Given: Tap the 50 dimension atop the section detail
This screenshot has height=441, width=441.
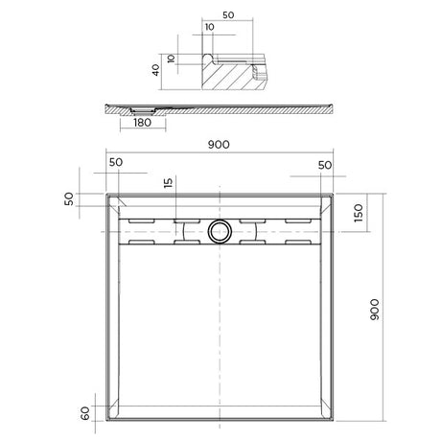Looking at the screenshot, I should point(228,16).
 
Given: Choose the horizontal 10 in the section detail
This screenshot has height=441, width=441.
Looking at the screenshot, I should point(210,28).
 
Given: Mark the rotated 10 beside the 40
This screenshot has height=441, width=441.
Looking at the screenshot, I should point(173,59).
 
